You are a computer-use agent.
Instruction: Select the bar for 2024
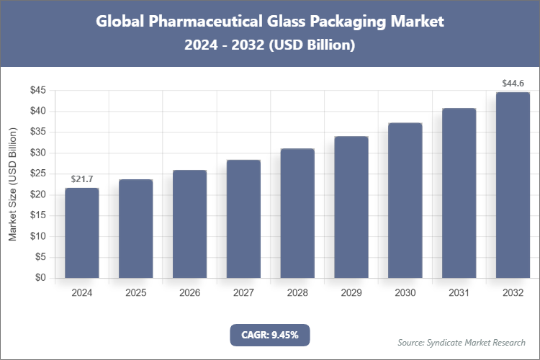click(x=81, y=233)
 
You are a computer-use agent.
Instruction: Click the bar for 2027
click(x=243, y=219)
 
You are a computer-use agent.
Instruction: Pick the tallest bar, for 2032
click(x=513, y=185)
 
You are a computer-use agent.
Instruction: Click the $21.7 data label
click(x=81, y=179)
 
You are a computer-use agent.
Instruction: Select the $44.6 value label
click(x=513, y=84)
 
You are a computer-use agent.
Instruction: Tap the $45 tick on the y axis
click(x=38, y=91)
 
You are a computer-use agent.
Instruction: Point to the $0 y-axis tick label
click(x=41, y=278)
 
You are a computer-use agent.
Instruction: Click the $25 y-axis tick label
click(x=38, y=174)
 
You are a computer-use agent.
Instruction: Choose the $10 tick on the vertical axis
click(x=38, y=236)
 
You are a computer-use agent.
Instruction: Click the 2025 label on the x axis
click(x=135, y=293)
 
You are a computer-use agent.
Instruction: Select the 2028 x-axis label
click(x=297, y=293)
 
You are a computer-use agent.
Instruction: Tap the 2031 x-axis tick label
click(x=459, y=293)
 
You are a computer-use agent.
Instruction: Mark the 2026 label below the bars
click(x=189, y=293)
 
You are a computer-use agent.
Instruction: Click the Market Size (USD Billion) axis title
click(x=12, y=184)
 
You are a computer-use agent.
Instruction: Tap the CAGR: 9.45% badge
click(x=269, y=335)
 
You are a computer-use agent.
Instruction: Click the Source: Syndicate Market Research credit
click(x=461, y=342)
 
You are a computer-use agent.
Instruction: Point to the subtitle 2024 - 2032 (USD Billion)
click(x=269, y=45)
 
